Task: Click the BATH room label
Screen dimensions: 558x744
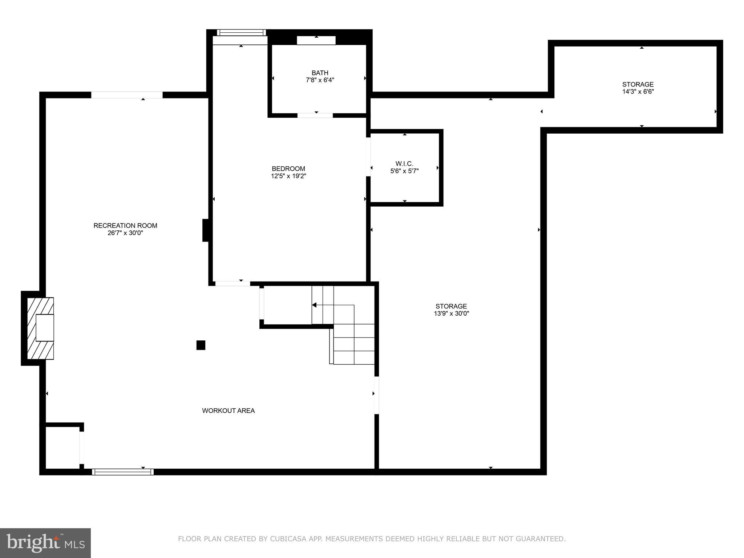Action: (320, 73)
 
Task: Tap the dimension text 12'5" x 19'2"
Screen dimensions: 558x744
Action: (288, 176)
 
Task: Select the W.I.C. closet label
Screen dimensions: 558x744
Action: (404, 164)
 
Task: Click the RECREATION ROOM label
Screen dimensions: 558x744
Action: (125, 226)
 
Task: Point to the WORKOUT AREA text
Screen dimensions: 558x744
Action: (228, 411)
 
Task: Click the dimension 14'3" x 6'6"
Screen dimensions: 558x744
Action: (638, 92)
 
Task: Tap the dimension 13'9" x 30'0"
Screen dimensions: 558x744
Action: (451, 314)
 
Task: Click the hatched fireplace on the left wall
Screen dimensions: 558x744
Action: (41, 328)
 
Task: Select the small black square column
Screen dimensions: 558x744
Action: (201, 345)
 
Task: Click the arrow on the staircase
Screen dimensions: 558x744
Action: (315, 305)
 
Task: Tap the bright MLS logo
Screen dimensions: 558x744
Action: (45, 543)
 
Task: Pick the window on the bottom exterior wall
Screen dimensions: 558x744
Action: (123, 472)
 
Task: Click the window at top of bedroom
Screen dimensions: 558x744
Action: (241, 33)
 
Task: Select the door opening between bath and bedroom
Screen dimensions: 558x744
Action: (315, 116)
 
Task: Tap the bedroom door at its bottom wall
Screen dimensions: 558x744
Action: (232, 283)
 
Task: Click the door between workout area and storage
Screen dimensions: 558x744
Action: (377, 395)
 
